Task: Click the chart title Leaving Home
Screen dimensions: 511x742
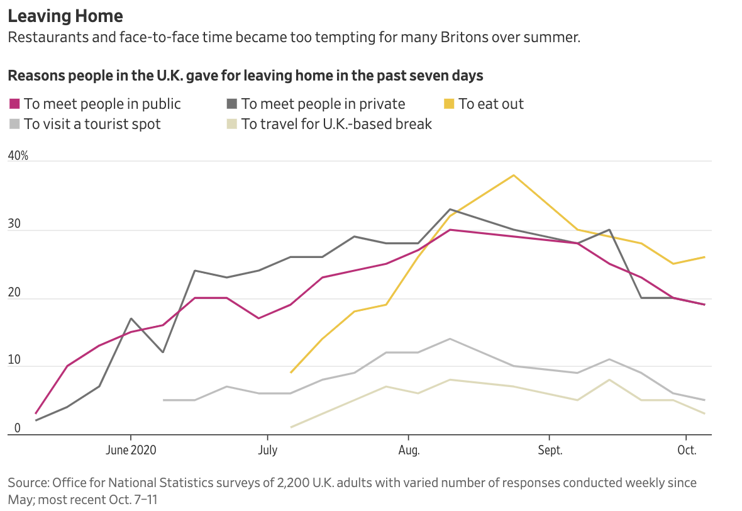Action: pos(65,16)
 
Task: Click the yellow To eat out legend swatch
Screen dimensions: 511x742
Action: pos(448,104)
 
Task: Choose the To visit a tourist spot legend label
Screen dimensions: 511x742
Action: pos(92,124)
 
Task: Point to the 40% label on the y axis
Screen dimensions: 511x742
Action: pos(18,155)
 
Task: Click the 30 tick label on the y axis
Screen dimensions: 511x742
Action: pos(14,225)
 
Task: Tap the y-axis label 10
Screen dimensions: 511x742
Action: pos(14,361)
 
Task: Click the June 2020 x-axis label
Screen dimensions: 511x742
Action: pos(131,451)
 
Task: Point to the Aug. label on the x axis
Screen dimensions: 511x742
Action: pos(409,451)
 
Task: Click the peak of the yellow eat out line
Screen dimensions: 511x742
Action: pos(514,175)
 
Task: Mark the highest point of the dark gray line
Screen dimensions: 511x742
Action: pos(450,209)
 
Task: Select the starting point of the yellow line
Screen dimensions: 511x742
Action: pos(291,373)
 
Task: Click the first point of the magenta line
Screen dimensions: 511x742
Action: pos(36,413)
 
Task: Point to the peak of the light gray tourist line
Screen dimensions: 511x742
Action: pos(450,339)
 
